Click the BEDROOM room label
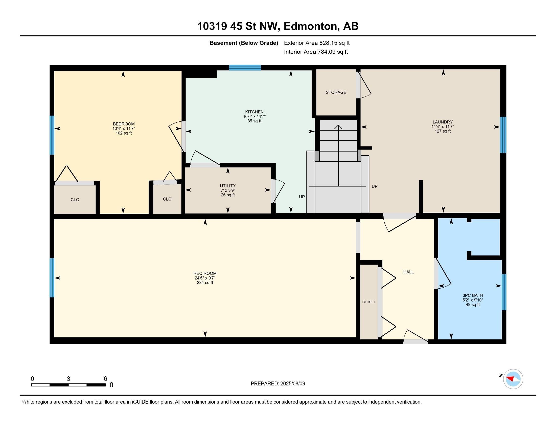click(x=124, y=124)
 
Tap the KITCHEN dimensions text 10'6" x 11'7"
click(x=254, y=116)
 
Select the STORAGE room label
click(x=336, y=93)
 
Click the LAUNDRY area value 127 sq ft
click(x=443, y=131)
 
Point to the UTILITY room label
click(x=228, y=186)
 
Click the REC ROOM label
click(x=205, y=274)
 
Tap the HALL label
click(x=408, y=272)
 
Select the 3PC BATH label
click(x=473, y=295)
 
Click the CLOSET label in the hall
click(x=369, y=302)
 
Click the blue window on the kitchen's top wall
click(x=245, y=68)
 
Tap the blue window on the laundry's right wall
click(x=503, y=135)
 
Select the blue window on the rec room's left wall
click(x=52, y=278)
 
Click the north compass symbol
click(x=513, y=379)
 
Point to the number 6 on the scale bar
click(x=105, y=379)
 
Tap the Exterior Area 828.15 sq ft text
click(x=317, y=43)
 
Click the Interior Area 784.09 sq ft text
click(x=316, y=52)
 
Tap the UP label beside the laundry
click(x=374, y=186)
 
